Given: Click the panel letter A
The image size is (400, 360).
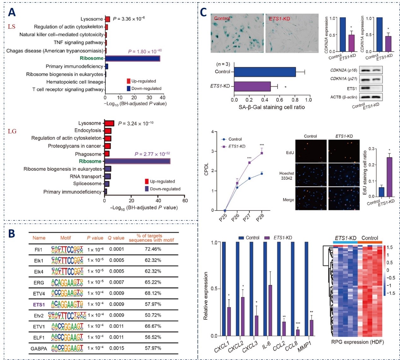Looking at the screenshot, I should (12, 12).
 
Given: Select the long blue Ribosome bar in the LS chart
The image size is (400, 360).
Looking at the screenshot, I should (132, 58).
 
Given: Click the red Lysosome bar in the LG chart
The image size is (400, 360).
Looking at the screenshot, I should (109, 123).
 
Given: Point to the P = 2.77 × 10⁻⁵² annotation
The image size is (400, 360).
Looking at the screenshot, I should (152, 154).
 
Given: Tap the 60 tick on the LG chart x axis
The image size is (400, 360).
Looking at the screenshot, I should (185, 201).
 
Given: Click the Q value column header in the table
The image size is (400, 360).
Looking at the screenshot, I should (116, 238).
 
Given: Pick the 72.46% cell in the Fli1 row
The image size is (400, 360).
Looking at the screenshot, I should (153, 249).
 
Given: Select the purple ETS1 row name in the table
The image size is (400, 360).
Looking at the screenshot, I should (39, 304).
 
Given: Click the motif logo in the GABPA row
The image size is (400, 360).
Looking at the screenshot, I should (67, 348).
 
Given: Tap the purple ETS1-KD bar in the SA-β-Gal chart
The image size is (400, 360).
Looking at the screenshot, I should (252, 86).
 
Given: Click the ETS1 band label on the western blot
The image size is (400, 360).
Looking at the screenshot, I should (352, 89).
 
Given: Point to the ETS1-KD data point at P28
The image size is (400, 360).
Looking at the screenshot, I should (262, 153).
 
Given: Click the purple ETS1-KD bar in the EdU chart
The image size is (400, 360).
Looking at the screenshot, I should (389, 177).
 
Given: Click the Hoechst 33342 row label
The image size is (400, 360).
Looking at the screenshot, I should (286, 176).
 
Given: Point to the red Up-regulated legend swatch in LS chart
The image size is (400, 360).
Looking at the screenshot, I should (128, 81).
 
